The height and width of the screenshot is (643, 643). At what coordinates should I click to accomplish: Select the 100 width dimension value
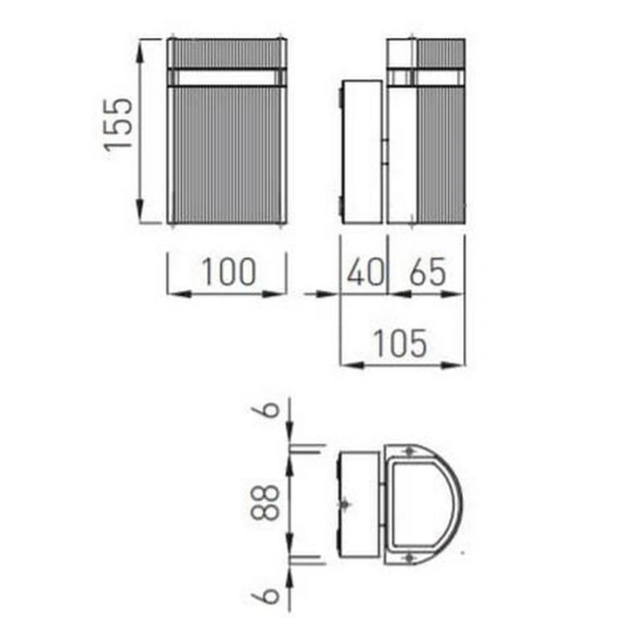click(x=229, y=272)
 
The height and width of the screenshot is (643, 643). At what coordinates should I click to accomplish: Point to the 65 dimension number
click(x=428, y=272)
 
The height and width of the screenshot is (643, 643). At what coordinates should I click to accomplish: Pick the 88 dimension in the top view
click(x=265, y=502)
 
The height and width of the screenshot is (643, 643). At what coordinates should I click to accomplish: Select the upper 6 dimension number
click(x=270, y=409)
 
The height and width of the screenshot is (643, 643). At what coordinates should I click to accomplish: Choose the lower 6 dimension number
click(x=270, y=595)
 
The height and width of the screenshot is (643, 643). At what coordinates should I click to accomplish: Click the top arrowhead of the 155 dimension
click(x=140, y=52)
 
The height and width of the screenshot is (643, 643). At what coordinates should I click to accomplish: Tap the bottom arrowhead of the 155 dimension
click(x=140, y=210)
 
